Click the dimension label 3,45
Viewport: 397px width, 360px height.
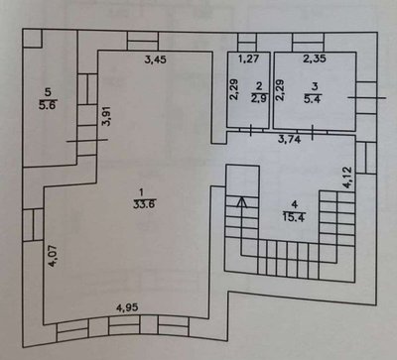(156, 60)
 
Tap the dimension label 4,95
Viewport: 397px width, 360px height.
(127, 307)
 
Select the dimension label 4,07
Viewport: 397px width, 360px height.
(53, 256)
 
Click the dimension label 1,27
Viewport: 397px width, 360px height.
(249, 59)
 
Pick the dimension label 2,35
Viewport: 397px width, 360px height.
(315, 59)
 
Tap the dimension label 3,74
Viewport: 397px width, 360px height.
(289, 140)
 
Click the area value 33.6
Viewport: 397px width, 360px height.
(144, 204)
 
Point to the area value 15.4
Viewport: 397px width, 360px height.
(294, 217)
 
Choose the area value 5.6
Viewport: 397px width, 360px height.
(49, 105)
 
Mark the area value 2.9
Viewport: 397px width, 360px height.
(259, 98)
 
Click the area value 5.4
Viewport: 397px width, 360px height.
(313, 98)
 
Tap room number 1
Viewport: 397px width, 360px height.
(143, 192)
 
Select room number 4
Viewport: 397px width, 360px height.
(294, 204)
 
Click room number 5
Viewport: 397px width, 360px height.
(49, 92)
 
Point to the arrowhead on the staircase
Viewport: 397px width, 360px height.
(242, 201)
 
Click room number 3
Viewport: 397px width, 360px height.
(315, 86)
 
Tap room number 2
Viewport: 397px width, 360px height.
(259, 86)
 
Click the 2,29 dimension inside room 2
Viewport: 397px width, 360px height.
(234, 89)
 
